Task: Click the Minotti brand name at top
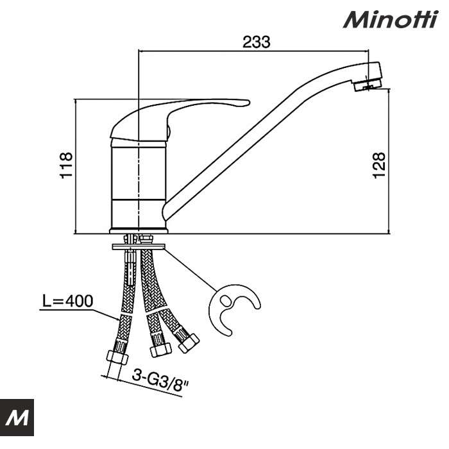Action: tap(391, 19)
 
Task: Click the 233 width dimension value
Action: tap(257, 42)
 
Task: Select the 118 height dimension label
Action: tap(66, 165)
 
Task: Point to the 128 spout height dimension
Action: tap(379, 165)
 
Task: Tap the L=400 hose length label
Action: tap(67, 301)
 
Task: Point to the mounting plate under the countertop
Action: tap(139, 246)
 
